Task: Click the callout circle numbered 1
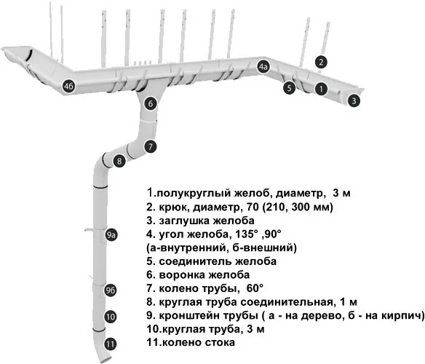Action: [321, 89]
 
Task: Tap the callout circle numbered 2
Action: [321, 62]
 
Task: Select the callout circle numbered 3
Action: [354, 101]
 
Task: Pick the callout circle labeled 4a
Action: [263, 66]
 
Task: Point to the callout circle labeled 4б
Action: [68, 86]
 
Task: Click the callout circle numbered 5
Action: [289, 88]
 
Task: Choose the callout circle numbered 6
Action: [151, 103]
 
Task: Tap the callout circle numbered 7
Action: [151, 147]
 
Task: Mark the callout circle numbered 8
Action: [119, 161]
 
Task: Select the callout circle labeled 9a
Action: [111, 235]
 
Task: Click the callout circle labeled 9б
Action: [111, 290]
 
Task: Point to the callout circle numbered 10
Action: [111, 317]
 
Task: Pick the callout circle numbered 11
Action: [110, 344]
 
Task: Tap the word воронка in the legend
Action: [179, 275]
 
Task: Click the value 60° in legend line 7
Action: [255, 288]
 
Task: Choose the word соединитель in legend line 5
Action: [194, 262]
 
